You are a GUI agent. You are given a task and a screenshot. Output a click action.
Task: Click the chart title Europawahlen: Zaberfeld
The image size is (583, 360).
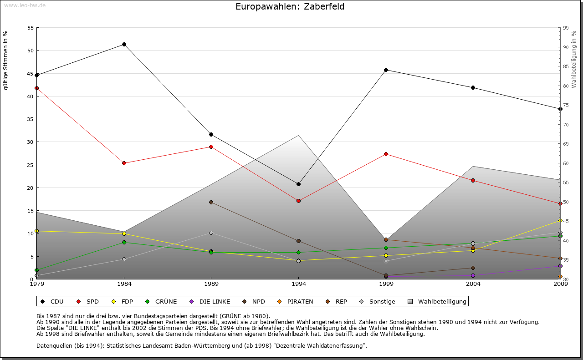click(290, 6)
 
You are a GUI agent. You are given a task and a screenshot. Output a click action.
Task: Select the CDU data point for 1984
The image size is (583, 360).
click(124, 44)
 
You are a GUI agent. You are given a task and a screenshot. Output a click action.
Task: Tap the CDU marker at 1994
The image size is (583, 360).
click(298, 184)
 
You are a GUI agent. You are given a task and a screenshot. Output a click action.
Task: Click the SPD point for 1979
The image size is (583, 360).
click(36, 88)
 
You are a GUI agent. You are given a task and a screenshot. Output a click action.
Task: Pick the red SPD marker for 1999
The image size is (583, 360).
click(386, 154)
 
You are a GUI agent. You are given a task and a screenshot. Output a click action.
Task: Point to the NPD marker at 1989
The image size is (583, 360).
click(211, 202)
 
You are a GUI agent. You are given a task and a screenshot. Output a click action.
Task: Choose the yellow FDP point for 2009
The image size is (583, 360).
click(560, 220)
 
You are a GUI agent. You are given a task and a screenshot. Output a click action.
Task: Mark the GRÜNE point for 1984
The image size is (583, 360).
click(124, 242)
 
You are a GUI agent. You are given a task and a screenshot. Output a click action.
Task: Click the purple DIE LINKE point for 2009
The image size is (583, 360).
click(560, 266)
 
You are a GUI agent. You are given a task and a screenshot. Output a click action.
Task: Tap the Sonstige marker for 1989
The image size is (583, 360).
click(211, 233)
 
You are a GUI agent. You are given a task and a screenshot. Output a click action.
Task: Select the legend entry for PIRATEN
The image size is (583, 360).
click(296, 301)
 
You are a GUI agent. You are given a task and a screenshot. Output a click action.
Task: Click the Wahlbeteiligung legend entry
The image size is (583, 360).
click(438, 301)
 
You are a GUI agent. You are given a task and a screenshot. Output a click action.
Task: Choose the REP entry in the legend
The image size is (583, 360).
click(337, 301)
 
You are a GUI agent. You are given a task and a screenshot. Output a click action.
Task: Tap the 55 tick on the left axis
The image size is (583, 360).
click(31, 28)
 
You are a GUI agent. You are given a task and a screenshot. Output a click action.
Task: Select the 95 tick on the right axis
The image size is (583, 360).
click(566, 28)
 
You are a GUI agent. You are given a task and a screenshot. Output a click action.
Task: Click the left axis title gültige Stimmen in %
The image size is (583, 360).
click(6, 60)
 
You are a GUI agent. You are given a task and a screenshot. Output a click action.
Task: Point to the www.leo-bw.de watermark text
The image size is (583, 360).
click(24, 5)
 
